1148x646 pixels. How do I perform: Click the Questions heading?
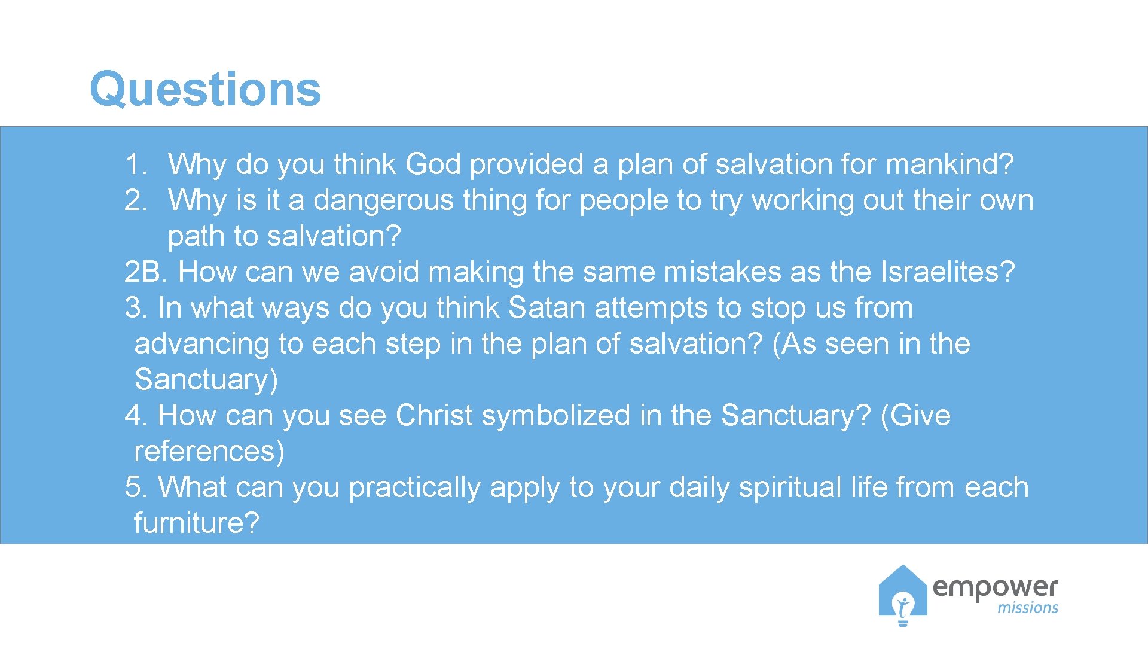[x=205, y=89]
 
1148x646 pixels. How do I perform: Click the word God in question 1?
[x=433, y=164]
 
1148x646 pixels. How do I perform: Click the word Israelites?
[x=947, y=272]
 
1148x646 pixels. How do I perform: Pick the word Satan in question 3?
[x=546, y=307]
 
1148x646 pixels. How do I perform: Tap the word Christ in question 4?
[x=434, y=415]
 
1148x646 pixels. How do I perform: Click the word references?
[x=209, y=451]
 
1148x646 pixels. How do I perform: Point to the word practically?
[x=414, y=488]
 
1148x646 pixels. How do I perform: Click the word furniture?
[x=196, y=523]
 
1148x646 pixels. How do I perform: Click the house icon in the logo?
[x=903, y=595]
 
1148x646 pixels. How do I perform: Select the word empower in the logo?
[x=995, y=587]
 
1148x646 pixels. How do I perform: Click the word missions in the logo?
[x=1027, y=608]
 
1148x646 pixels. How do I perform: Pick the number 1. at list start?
[x=136, y=164]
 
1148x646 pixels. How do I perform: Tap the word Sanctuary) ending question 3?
[x=206, y=380]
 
